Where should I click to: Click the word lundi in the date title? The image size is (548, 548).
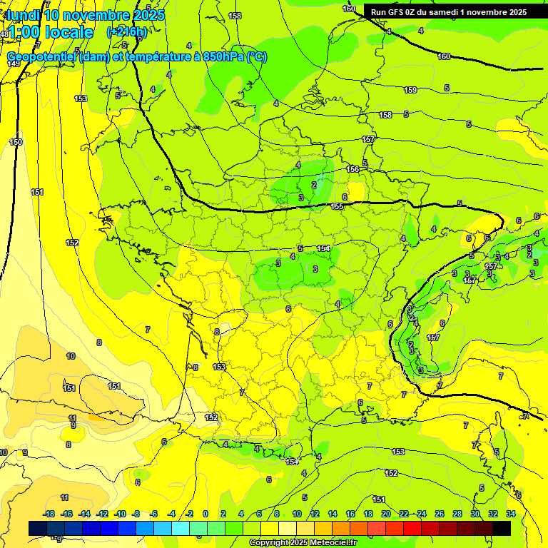coord(24,15)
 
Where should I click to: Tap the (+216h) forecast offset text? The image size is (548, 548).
coord(127,31)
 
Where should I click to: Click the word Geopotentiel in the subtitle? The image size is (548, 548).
coord(42,57)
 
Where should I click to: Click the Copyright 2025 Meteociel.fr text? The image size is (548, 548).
coord(303,543)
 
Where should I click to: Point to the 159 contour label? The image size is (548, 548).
coord(410,90)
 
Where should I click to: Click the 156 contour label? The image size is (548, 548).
coord(352,169)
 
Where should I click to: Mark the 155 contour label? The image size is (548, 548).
coord(338,206)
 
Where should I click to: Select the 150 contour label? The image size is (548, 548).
coord(16,142)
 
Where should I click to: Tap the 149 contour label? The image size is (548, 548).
coord(14,64)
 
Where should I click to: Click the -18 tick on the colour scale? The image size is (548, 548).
coord(49,514)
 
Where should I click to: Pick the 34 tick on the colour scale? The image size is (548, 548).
coord(511,514)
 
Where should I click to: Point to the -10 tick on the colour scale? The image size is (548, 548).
coord(120,514)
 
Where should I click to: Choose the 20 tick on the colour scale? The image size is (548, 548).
coord(386,514)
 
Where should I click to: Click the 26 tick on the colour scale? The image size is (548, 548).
coord(440,514)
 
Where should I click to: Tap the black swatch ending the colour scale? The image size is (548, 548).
coord(502,528)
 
